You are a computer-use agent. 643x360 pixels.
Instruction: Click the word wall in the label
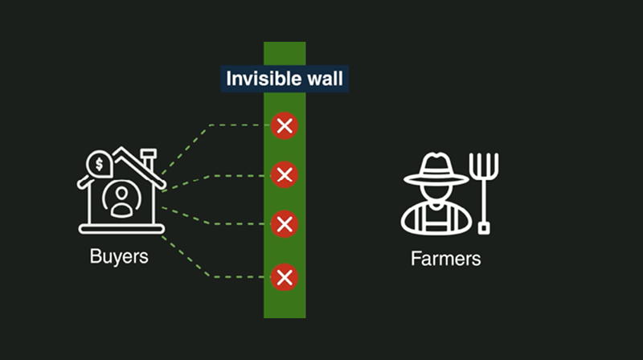323,80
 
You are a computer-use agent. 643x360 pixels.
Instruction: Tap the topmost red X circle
284,125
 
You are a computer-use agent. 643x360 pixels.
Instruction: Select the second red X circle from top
284,174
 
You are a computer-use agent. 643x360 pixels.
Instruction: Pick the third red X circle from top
284,224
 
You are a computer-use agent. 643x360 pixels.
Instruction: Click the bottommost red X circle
284,277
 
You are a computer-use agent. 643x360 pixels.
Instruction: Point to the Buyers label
118,257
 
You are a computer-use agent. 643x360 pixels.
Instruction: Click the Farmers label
445,259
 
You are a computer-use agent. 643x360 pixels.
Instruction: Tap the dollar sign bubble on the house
100,164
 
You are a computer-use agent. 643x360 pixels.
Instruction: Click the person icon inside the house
121,201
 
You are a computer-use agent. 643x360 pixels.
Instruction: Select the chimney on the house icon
148,157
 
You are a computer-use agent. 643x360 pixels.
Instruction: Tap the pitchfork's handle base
484,227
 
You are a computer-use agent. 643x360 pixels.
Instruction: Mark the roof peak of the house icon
121,150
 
